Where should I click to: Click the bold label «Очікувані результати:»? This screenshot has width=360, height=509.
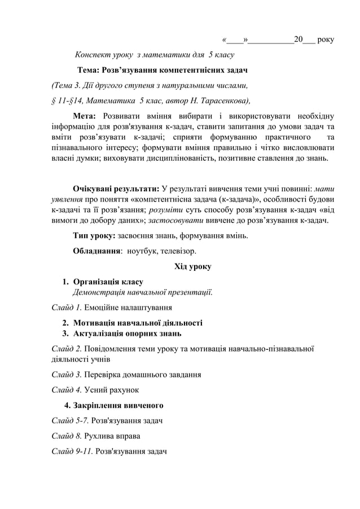(116, 188)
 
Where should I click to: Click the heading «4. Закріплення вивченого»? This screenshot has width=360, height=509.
(115, 405)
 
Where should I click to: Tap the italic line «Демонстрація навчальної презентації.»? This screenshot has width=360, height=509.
(143, 292)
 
